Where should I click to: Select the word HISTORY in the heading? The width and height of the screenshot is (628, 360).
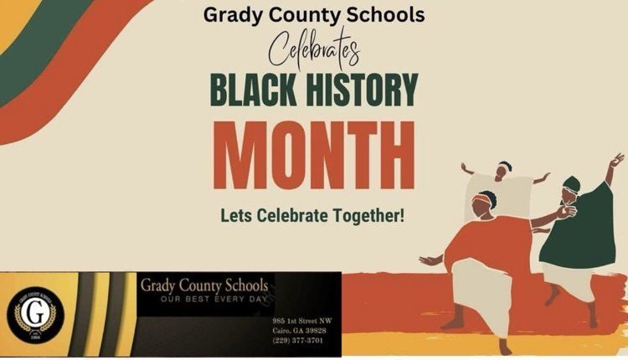tap(362, 93)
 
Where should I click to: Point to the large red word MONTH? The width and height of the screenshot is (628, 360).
tap(313, 158)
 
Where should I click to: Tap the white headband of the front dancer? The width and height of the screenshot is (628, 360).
tap(485, 199)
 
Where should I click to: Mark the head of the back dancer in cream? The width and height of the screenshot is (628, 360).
tap(504, 170)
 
